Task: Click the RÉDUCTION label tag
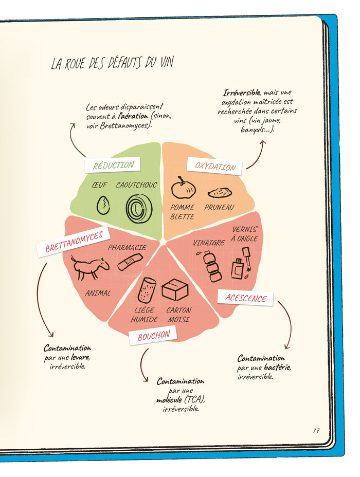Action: [x=113, y=165]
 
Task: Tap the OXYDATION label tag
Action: [x=214, y=166]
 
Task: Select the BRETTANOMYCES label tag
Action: [x=74, y=243]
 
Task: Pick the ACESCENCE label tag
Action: [x=246, y=298]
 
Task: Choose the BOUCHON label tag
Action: [x=153, y=337]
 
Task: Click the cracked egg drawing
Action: [x=103, y=206]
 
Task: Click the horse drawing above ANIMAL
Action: [x=90, y=267]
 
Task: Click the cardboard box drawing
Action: [x=175, y=290]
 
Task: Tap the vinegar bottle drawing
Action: [x=211, y=266]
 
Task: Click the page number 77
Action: [x=315, y=431]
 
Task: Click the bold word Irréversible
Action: [x=241, y=93]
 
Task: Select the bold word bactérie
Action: [x=278, y=368]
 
